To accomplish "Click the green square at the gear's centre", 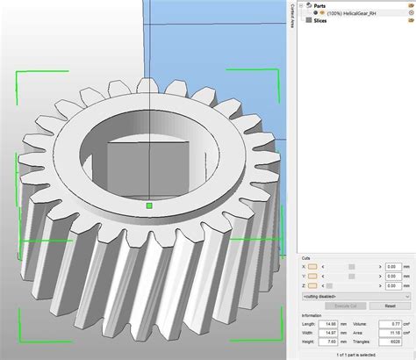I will point(150,205).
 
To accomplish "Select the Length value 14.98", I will point(331,323).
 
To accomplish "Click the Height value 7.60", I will point(331,341).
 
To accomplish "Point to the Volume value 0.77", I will point(390,323).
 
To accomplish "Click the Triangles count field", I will point(390,341).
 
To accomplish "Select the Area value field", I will point(390,332).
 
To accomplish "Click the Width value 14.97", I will point(331,332).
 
